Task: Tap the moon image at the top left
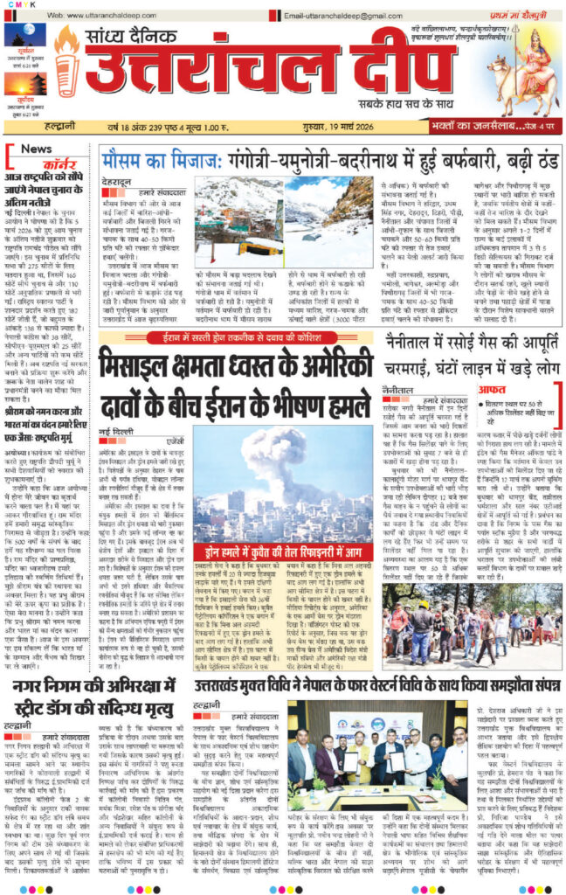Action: click(25, 39)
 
